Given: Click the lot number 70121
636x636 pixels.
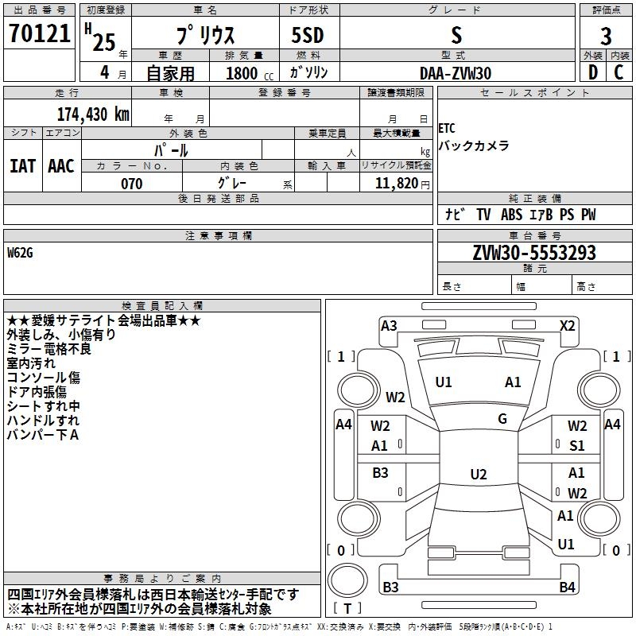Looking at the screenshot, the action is tap(39, 33).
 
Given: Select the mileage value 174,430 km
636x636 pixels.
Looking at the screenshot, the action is tap(93, 114).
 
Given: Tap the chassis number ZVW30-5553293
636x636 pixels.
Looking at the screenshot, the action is tap(534, 253).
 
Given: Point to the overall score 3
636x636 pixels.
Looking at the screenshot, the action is tap(606, 37).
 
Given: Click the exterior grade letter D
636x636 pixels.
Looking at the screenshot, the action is tap(592, 72).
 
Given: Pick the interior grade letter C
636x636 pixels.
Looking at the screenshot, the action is tap(619, 72).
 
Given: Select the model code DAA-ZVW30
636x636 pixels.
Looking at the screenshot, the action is tap(456, 73).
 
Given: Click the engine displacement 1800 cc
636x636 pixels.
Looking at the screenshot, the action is tap(250, 73).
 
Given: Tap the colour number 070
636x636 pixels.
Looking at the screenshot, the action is tap(132, 184).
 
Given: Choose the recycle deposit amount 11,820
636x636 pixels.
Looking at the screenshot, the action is tap(397, 184).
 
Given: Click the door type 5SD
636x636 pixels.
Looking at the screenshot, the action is tap(308, 35).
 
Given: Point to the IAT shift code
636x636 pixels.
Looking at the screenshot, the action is tap(23, 166).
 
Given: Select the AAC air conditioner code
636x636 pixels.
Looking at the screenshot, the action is tap(61, 166).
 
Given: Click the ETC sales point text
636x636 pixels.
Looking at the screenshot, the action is tap(447, 129).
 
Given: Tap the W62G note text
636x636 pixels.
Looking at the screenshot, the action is tap(20, 253).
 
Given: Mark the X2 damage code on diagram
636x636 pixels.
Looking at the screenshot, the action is tap(567, 326).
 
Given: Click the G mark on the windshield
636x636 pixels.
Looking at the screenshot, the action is tap(502, 419).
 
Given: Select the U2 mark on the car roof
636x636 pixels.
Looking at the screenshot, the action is tap(479, 474).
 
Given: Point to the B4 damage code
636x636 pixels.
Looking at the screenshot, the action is tap(567, 587).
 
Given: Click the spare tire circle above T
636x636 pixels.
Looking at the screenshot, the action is tap(347, 580).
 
